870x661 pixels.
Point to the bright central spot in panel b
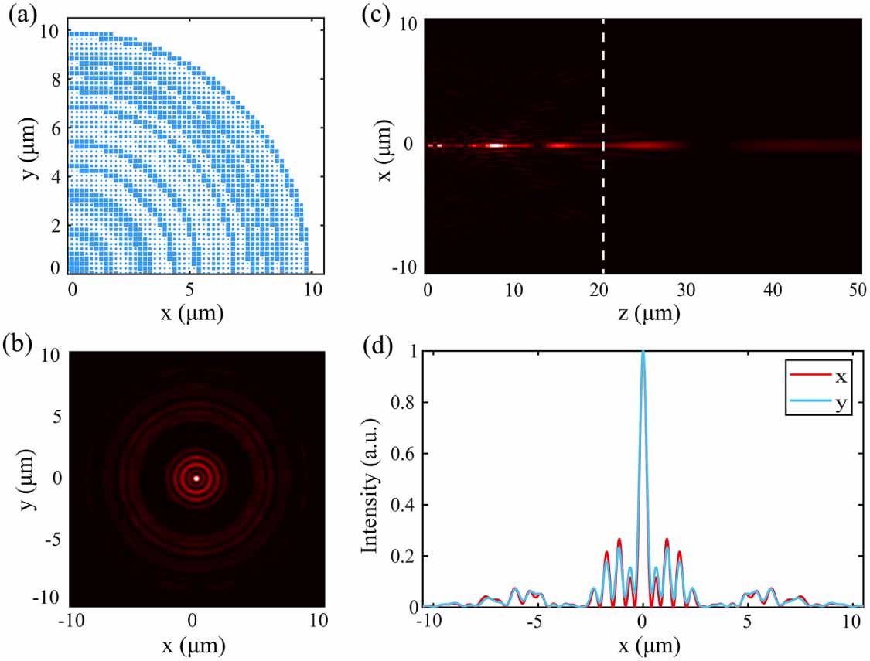196,479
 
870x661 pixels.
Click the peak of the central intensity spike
643,352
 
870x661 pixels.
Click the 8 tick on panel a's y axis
54,78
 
